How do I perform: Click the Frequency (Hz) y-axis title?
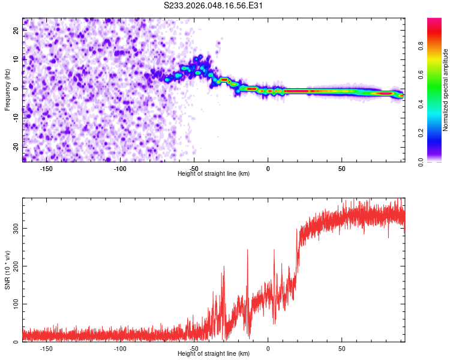pyautogui.click(x=7, y=90)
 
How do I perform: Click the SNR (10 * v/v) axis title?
pyautogui.click(x=7, y=272)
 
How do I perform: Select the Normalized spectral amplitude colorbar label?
pyautogui.click(x=445, y=90)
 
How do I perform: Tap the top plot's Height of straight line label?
pyautogui.click(x=214, y=173)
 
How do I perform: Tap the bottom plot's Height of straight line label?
pyautogui.click(x=214, y=353)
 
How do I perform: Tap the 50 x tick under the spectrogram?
pyautogui.click(x=341, y=168)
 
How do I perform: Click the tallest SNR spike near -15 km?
pyautogui.click(x=247, y=250)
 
